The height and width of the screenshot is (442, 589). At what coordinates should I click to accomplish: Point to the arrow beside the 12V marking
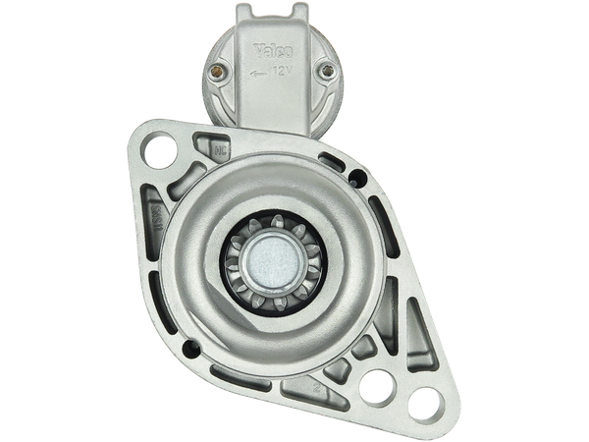click(x=257, y=73)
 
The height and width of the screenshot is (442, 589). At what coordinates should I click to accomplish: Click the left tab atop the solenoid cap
click(x=248, y=12)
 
